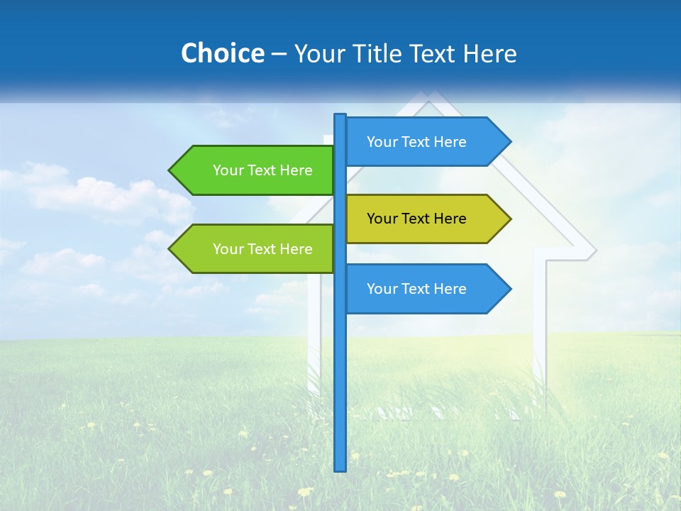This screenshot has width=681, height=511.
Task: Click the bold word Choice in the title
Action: pyautogui.click(x=222, y=53)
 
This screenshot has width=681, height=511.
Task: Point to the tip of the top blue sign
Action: pyautogui.click(x=509, y=142)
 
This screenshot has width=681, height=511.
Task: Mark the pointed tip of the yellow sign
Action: pyautogui.click(x=509, y=219)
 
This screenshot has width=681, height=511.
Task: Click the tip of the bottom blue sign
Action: pyautogui.click(x=509, y=289)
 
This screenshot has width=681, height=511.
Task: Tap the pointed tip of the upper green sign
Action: pyautogui.click(x=170, y=170)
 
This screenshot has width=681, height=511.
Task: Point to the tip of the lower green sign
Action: pyautogui.click(x=170, y=249)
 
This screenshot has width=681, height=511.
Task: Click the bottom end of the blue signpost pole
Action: pyautogui.click(x=340, y=468)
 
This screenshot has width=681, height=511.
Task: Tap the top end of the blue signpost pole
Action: pyautogui.click(x=340, y=116)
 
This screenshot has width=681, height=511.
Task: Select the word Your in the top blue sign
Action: pyautogui.click(x=382, y=142)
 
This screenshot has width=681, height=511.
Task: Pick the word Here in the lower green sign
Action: pyautogui.click(x=296, y=249)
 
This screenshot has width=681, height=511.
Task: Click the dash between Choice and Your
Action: pyautogui.click(x=279, y=54)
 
